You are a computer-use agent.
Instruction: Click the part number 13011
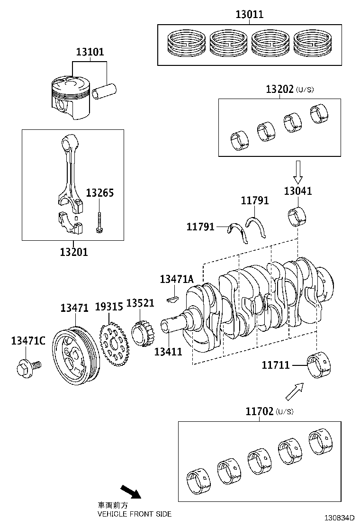(249, 15)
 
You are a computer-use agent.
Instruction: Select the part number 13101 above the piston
(89, 52)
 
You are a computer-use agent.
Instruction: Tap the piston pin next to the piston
(105, 91)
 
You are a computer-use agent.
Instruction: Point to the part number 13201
(73, 252)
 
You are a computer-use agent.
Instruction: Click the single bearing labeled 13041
(297, 216)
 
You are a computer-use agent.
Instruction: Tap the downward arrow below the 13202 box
(297, 172)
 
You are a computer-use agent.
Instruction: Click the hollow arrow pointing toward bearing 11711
(293, 392)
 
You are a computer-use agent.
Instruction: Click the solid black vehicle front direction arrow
(131, 491)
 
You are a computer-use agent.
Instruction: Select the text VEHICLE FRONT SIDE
(134, 514)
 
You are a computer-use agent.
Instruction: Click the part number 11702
(259, 411)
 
